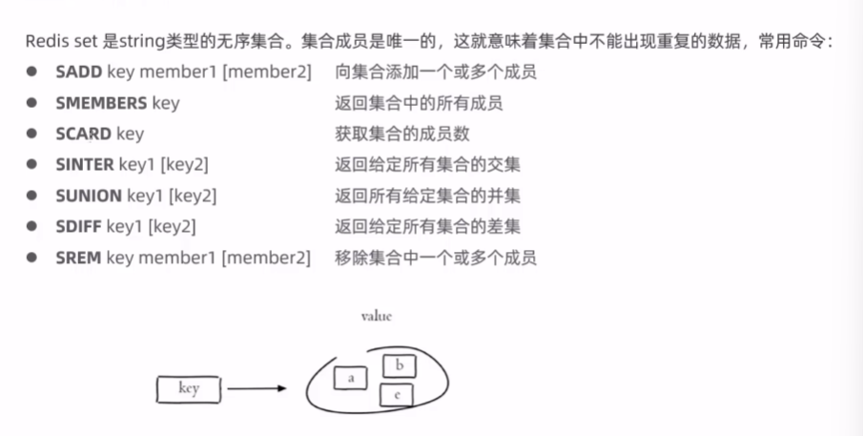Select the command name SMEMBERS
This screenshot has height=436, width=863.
coord(101,103)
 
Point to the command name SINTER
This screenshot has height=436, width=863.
coord(85,165)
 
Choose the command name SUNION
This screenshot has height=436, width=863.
coord(89,197)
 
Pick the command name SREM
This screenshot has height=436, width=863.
coord(79,259)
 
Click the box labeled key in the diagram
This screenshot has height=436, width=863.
coord(189,389)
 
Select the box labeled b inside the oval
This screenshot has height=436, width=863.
coord(399,364)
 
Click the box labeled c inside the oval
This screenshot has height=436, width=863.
coord(396,394)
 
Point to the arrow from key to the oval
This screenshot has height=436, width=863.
coord(257,389)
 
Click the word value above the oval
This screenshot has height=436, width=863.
coord(376,316)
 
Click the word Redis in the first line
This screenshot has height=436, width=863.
coord(46,43)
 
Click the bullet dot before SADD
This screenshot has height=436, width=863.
coord(32,73)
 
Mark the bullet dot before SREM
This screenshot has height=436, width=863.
coord(32,259)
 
